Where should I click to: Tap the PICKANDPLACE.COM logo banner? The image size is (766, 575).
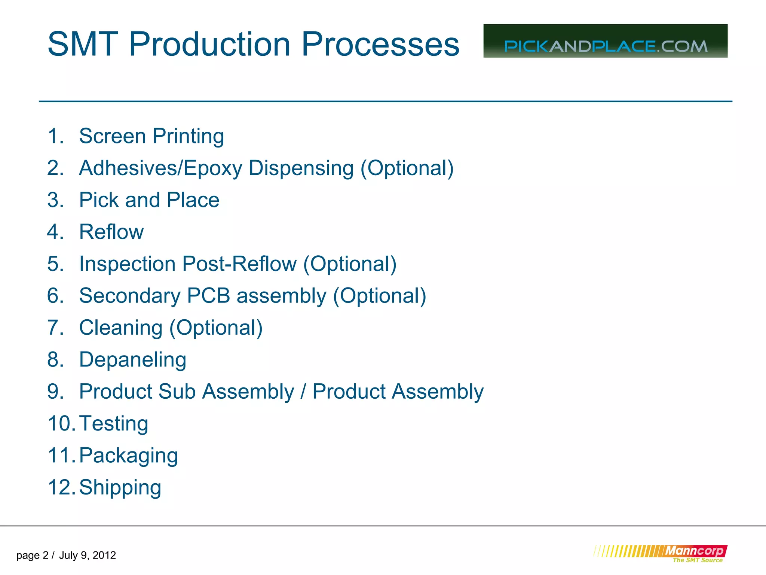(x=605, y=41)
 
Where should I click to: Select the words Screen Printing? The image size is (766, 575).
(x=151, y=136)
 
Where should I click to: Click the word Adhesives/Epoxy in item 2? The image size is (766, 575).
(x=160, y=168)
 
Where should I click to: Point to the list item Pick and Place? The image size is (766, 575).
(x=149, y=200)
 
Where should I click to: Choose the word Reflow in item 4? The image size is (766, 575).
(x=111, y=232)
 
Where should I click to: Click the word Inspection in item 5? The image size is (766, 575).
(x=128, y=264)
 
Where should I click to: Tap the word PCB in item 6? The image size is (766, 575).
(x=208, y=296)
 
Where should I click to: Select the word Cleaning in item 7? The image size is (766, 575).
(x=121, y=328)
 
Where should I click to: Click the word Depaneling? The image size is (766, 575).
(x=132, y=360)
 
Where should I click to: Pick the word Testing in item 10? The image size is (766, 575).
(x=114, y=424)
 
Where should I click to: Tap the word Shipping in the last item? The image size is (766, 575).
(x=120, y=487)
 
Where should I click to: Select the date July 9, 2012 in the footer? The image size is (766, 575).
(x=88, y=555)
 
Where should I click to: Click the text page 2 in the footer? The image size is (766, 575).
(x=32, y=555)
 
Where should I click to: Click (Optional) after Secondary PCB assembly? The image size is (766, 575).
(x=379, y=296)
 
